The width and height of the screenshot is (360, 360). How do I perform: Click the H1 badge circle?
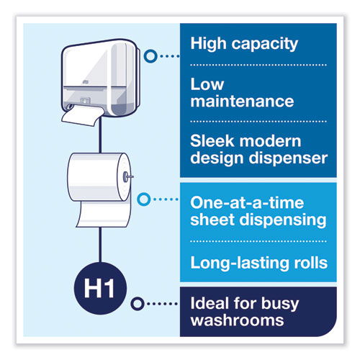(x=100, y=288)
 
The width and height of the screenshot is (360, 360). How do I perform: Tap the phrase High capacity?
(x=244, y=45)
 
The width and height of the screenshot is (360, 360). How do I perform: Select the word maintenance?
(x=242, y=102)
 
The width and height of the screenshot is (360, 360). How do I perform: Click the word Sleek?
(x=211, y=140)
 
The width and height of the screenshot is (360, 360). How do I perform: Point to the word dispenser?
(x=288, y=159)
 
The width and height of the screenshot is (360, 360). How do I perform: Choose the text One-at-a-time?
(x=247, y=203)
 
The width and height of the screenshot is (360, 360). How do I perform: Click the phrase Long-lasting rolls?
(x=258, y=263)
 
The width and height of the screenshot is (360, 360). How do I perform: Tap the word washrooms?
(x=237, y=320)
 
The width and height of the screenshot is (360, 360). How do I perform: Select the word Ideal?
(x=210, y=303)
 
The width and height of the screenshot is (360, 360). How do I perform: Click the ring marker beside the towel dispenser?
(x=150, y=56)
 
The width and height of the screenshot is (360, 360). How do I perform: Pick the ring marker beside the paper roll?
(x=144, y=199)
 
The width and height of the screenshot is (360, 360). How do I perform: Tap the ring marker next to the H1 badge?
(x=138, y=304)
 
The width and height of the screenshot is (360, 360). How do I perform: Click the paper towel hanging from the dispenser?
(x=81, y=116)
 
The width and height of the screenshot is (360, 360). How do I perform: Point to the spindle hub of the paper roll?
(x=126, y=177)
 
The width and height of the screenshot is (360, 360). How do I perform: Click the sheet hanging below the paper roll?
(x=103, y=214)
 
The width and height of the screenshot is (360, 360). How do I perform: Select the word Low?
(x=207, y=84)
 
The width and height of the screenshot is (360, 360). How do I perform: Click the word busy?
(x=280, y=305)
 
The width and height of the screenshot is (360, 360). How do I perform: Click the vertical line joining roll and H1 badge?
(x=100, y=245)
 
